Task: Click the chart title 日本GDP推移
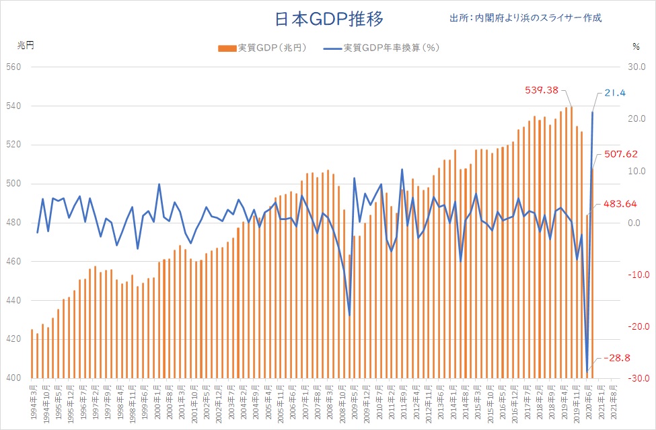click(x=329, y=18)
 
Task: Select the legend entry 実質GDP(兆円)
click(x=262, y=48)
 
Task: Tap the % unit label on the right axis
click(x=636, y=46)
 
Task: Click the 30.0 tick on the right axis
click(x=636, y=67)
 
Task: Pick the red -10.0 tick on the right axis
click(x=634, y=275)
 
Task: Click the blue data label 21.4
click(x=614, y=92)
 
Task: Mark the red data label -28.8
click(x=617, y=358)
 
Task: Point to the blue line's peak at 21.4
click(x=593, y=112)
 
